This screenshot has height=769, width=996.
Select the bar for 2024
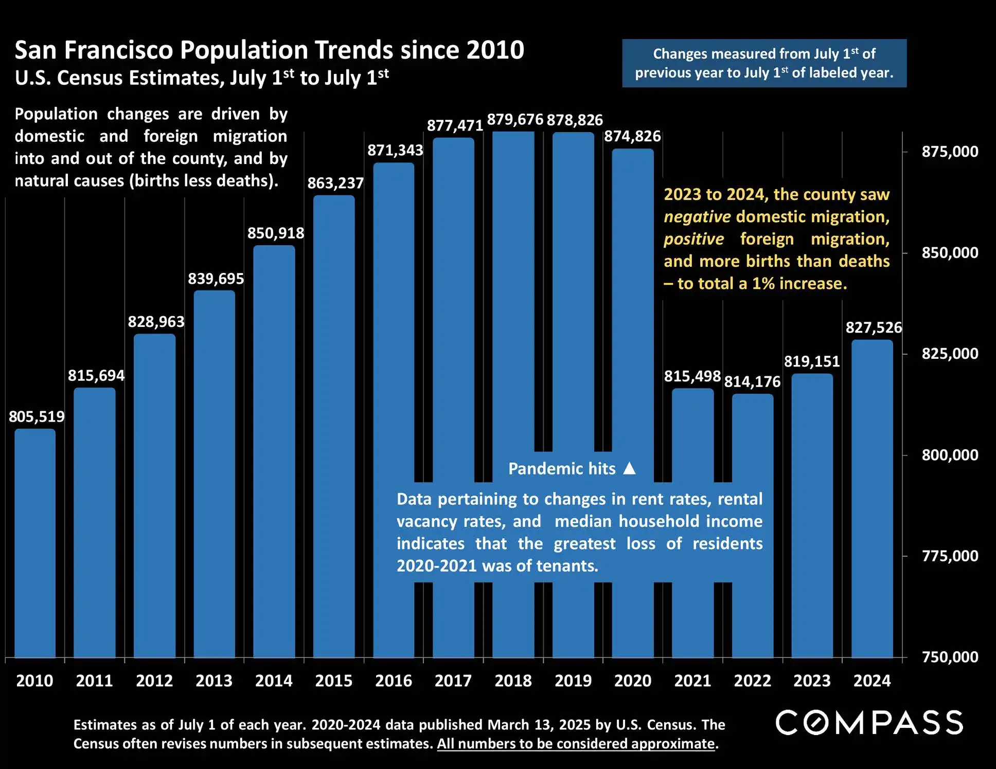[x=872, y=499]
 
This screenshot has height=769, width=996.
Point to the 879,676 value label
[x=515, y=120]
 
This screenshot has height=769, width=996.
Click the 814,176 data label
[x=752, y=381]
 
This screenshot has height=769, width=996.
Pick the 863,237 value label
[x=335, y=183]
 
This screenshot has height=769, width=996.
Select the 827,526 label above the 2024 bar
[x=874, y=327]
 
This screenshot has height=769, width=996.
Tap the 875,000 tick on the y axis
[x=950, y=152]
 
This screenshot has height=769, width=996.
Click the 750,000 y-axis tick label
[x=950, y=657]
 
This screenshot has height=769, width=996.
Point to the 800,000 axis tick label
[x=950, y=455]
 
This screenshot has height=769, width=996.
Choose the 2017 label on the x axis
[x=453, y=681]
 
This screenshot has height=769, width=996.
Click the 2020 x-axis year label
[x=633, y=681]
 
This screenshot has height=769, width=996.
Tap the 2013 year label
[x=214, y=681]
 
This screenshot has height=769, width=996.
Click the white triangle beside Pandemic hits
[x=629, y=468]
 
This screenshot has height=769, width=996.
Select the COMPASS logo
[x=869, y=723]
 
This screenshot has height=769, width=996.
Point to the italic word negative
[x=697, y=217]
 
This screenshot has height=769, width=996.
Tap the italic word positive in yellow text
[x=693, y=239]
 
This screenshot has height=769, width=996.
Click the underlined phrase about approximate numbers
[x=576, y=744]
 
